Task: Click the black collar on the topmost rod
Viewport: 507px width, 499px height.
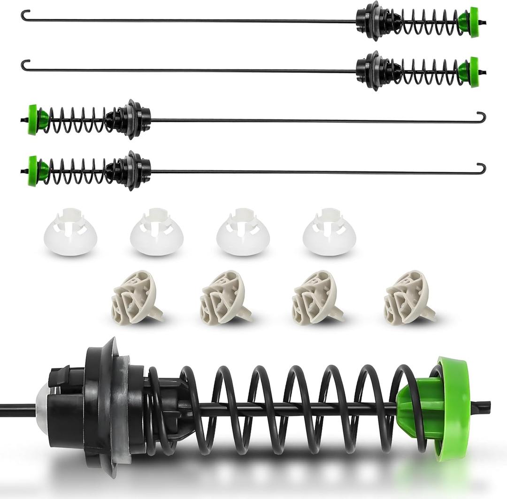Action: click(373, 21)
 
